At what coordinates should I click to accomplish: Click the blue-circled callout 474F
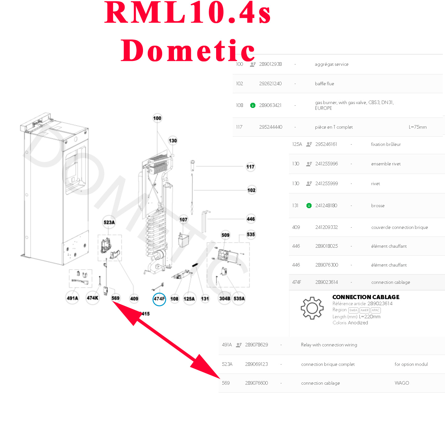pos(159,299)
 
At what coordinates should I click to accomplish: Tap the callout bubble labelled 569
pos(115,298)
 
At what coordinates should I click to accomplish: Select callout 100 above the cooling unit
pos(157,118)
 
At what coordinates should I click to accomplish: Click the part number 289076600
pos(256,383)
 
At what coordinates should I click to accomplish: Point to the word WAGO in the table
pos(402,383)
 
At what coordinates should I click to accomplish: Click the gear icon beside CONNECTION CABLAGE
pos(312,308)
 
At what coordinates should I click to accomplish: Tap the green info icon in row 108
pos(253,105)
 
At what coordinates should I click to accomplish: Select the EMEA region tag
pos(353,310)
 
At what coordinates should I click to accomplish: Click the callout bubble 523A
pos(109,222)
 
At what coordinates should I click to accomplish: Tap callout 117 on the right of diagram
pos(250,167)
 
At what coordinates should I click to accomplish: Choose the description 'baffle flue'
pos(324,84)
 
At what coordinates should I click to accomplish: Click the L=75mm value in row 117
pos(418,127)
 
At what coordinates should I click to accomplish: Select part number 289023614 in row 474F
pos(326,282)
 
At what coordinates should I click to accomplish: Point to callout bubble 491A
pos(72,298)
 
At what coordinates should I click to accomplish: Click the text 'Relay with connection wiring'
pos(329,345)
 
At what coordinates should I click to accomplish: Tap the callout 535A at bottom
pos(239,299)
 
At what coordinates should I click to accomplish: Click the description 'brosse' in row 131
pos(378,206)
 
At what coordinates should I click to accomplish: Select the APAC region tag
pos(376,310)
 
